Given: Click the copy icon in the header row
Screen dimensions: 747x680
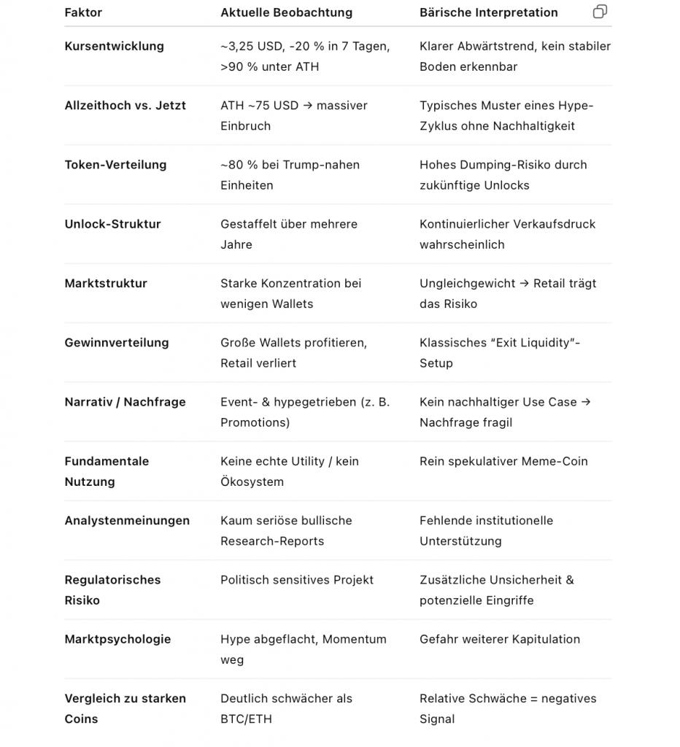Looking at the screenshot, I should [600, 12].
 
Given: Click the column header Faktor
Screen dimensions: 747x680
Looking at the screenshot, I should [83, 12].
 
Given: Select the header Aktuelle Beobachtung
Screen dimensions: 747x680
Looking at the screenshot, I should [286, 12].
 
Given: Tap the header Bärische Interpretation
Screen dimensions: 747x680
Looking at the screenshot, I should [488, 12].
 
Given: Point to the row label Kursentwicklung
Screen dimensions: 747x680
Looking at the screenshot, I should [114, 46].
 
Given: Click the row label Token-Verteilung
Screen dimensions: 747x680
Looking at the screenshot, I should [115, 164].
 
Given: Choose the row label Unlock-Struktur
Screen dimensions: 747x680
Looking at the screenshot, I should [112, 224].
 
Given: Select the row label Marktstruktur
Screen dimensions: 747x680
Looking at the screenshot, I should [106, 283].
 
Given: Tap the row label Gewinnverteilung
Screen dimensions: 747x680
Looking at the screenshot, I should [116, 342].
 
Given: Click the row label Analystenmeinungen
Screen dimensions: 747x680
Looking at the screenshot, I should [127, 520].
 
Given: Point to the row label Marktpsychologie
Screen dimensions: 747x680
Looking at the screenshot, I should [117, 639].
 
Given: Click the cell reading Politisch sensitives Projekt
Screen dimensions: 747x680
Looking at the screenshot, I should [296, 580].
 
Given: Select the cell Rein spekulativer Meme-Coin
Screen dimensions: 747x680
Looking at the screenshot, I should [503, 461].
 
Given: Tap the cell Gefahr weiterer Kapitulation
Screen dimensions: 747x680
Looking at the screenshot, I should [499, 639].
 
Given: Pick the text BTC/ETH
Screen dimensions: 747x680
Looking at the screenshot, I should [246, 719].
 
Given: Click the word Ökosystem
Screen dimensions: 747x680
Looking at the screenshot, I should [252, 481].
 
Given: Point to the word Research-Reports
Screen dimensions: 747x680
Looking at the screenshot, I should [272, 541].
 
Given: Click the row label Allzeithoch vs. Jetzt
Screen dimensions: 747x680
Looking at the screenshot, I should [125, 105].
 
